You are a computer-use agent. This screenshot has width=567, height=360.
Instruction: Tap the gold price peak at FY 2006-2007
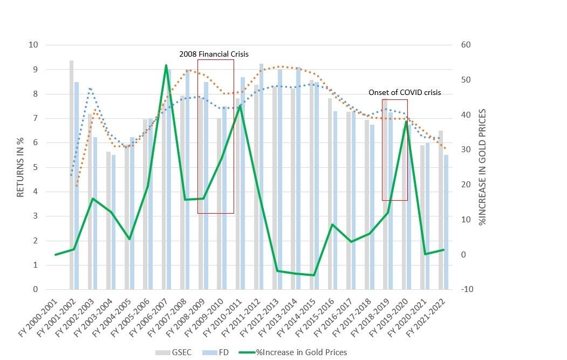[x=166, y=66]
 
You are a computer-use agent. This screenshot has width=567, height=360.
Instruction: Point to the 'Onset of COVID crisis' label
[x=405, y=92]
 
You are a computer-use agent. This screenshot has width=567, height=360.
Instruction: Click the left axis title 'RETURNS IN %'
[x=21, y=167]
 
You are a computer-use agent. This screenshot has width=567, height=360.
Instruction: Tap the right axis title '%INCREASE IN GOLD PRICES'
[x=483, y=167]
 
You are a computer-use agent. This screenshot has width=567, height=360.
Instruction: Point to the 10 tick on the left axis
[x=33, y=45]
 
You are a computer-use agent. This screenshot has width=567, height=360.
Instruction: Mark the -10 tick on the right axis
[x=465, y=289]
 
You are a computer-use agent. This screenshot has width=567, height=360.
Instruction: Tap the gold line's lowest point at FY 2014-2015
[x=313, y=275]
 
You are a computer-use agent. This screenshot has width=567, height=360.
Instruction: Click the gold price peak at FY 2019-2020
[x=406, y=122]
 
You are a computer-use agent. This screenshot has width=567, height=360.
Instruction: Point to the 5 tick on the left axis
[x=35, y=167]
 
